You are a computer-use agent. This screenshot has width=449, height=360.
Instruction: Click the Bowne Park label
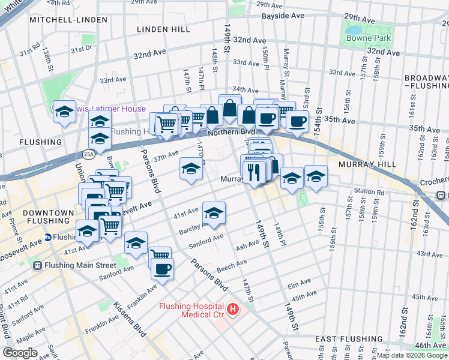pos(368,38)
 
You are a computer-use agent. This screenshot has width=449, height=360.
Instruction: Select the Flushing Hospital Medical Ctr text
pos(191,310)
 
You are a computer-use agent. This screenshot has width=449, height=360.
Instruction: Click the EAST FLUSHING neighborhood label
pos(344,339)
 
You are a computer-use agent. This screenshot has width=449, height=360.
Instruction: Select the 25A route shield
pos(89,154)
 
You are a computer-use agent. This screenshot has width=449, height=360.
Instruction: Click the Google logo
pos(20,353)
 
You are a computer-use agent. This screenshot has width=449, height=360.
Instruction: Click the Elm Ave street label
pos(298,284)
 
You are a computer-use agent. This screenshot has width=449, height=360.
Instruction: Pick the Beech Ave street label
pos(232,264)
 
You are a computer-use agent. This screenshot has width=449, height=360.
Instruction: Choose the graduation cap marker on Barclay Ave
pos(214,212)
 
